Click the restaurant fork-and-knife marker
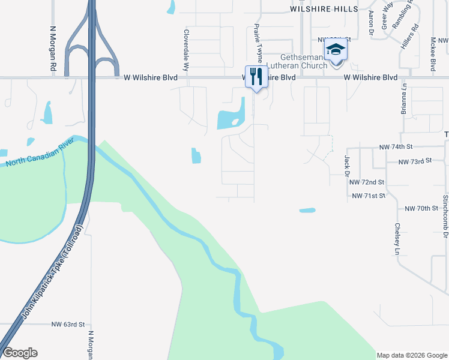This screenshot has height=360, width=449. pos(256,76)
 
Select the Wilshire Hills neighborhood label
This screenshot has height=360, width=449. pos(324,9)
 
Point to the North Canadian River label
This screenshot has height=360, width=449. pos(40,152)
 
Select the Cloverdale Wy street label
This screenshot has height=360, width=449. pos(186,51)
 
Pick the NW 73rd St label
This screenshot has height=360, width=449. pos(415,162)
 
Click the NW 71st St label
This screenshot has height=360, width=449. pos(368,196)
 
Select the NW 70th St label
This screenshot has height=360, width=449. pos(421,208)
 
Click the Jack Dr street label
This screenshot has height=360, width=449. pos(347,162)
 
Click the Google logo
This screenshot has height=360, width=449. pos(20,353)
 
